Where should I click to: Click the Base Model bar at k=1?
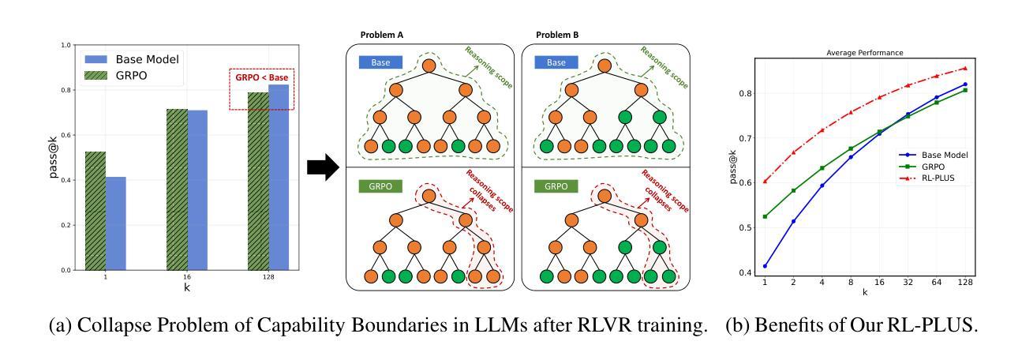(x=116, y=223)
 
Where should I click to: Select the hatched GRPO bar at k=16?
(x=177, y=189)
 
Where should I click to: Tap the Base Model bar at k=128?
(x=279, y=178)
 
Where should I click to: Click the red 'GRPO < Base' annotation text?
(x=262, y=77)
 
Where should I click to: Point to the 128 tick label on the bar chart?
(x=268, y=277)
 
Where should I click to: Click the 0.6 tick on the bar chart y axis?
(x=66, y=135)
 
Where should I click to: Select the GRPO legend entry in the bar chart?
(x=116, y=76)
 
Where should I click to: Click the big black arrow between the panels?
(x=323, y=167)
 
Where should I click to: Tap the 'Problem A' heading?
(x=382, y=35)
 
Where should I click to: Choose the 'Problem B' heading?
(x=557, y=35)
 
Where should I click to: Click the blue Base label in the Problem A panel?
(x=380, y=62)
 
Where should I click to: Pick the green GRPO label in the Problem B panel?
(x=556, y=186)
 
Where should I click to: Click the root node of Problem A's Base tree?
(x=429, y=66)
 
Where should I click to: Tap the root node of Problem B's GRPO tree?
(x=605, y=197)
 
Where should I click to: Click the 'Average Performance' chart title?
(x=865, y=52)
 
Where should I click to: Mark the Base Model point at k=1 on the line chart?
(x=766, y=266)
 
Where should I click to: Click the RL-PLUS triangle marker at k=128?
(x=965, y=68)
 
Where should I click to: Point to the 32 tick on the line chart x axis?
(x=908, y=283)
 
